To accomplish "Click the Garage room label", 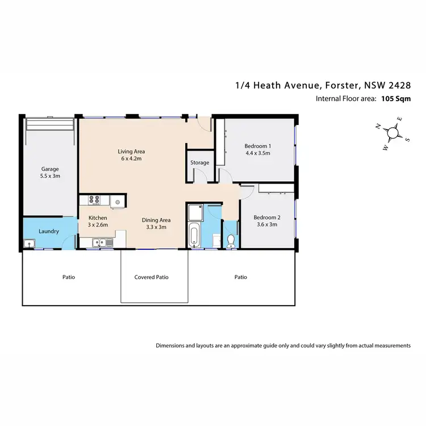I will click(50, 169).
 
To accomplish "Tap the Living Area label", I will click(131, 152).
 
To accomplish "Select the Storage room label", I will click(199, 162).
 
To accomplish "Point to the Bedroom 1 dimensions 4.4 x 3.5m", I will click(257, 153).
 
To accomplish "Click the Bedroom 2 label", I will click(266, 217).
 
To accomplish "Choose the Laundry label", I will click(49, 231).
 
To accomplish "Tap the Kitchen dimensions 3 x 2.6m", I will click(98, 225).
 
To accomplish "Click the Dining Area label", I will click(156, 220).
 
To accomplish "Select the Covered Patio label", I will click(152, 277).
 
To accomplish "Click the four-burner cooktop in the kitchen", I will click(94, 200).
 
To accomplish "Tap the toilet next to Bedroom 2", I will click(231, 241).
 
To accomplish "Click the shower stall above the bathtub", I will click(197, 212).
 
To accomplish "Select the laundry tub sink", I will click(29, 244).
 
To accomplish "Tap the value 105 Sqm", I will click(396, 98).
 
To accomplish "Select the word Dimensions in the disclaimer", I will click(171, 345).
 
